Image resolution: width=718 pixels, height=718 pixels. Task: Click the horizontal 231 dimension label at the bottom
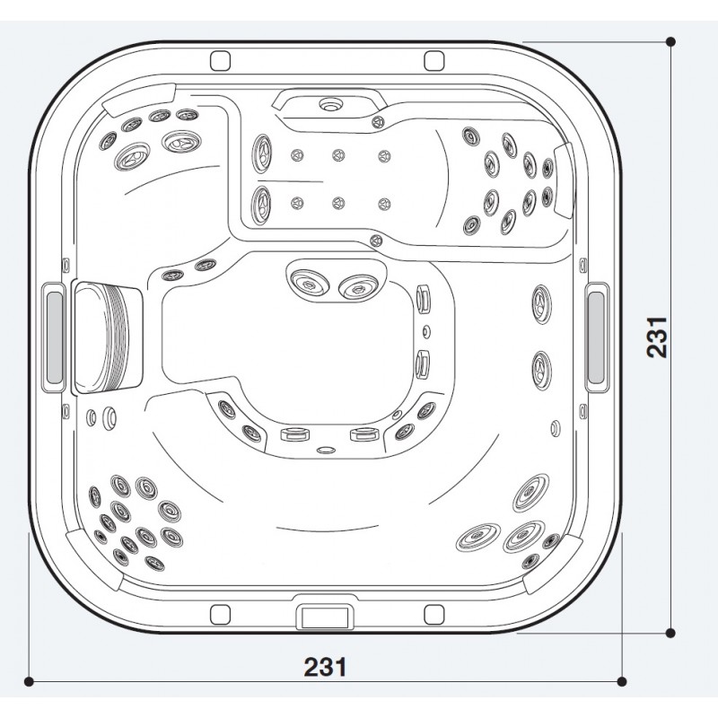point(325,667)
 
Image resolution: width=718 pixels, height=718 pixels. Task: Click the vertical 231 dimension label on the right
point(657,337)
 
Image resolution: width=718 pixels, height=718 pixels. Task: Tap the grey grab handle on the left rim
point(54,337)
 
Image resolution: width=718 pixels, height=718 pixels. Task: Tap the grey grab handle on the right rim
point(596,337)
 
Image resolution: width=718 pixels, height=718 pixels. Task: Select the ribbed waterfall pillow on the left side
point(107,338)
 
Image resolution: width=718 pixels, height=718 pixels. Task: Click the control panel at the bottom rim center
point(326,617)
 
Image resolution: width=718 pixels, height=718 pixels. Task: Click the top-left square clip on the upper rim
point(220,60)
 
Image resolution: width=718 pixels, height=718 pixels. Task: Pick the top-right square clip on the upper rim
point(434,60)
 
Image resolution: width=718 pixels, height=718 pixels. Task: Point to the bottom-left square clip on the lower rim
point(220,615)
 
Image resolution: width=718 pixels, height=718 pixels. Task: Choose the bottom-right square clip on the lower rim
point(434,615)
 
